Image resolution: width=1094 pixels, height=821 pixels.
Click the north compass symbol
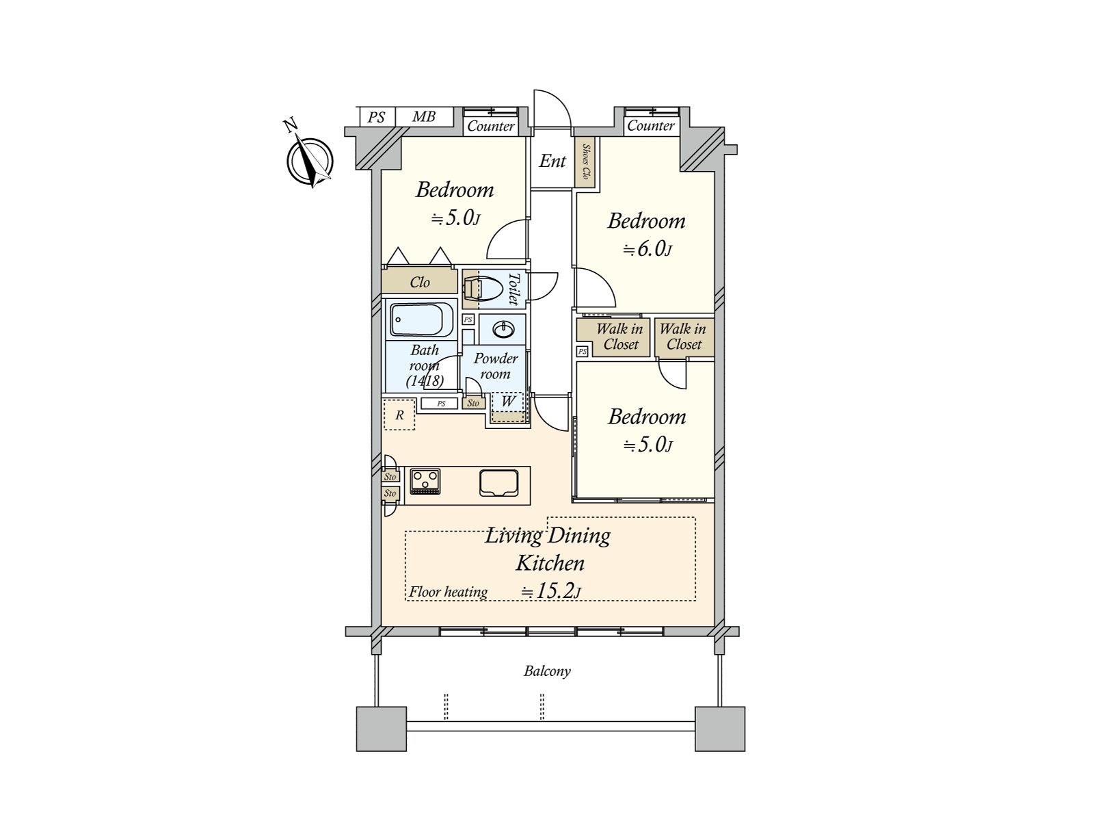309,161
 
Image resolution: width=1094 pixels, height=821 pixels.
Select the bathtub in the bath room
422,320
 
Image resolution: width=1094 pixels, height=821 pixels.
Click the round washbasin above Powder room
503,329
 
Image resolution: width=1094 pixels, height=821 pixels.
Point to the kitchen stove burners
425,480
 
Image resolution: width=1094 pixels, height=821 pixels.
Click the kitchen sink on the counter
498,483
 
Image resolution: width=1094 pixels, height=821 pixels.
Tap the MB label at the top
424,116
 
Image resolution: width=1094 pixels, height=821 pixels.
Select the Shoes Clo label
585,161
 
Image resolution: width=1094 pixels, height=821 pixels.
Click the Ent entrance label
552,161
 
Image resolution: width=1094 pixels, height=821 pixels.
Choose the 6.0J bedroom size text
648,249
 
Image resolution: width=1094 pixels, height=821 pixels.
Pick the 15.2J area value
550,592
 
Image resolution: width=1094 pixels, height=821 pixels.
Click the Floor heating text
448,592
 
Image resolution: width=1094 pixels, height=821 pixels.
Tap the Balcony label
547,671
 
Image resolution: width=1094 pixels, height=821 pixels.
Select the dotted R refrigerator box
399,414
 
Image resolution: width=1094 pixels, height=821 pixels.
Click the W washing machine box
508,407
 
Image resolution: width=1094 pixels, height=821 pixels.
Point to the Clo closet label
420,283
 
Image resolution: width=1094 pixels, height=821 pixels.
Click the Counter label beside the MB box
490,126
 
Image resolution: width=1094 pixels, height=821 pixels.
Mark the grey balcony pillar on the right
720,729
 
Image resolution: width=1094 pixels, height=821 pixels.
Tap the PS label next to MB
376,117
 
